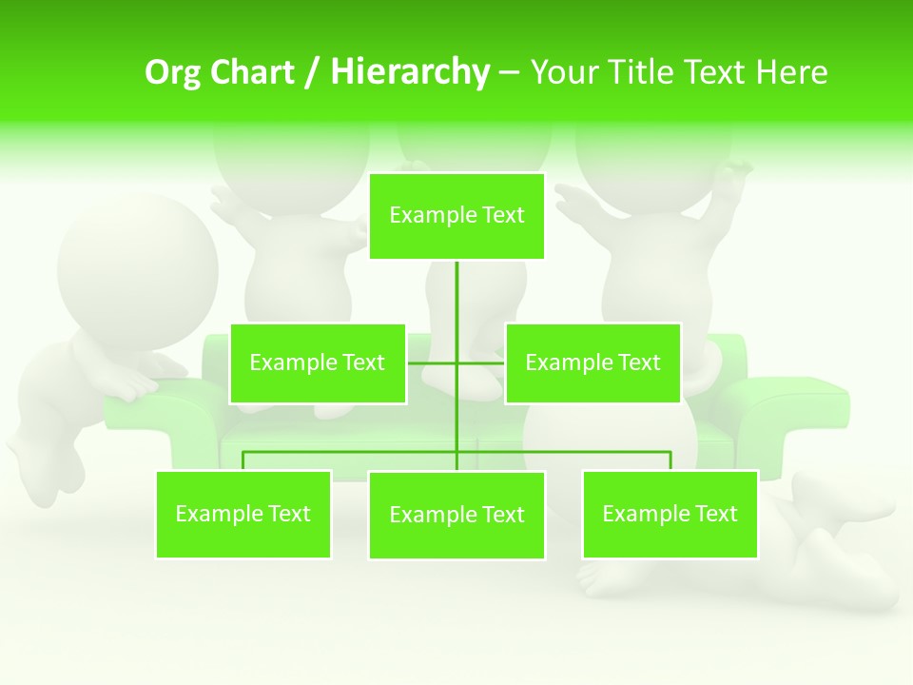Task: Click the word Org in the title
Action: (x=171, y=72)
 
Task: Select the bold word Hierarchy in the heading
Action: (x=410, y=72)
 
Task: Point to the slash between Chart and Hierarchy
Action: (x=312, y=72)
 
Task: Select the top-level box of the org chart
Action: (x=456, y=216)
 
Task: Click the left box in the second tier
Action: (x=318, y=363)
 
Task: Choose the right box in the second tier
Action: (x=592, y=363)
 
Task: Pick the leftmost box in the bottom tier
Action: (x=243, y=515)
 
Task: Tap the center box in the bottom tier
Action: (x=456, y=516)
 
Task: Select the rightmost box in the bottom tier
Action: (x=670, y=515)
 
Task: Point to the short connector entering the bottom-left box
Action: (x=243, y=460)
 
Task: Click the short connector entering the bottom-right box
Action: (x=670, y=460)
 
